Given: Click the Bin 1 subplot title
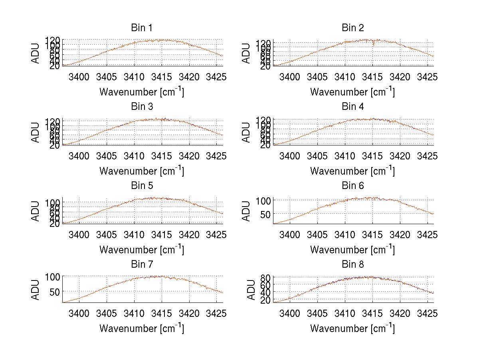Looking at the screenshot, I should coord(142,28).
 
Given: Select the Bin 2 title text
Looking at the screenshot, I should coord(353,28).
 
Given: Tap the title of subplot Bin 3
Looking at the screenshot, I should coord(142,107).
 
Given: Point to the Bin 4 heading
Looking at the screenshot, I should coord(353,107).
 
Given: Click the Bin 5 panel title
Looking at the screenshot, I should coord(142,186).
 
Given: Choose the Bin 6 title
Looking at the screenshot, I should coord(353,186).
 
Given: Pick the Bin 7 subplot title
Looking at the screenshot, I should coord(142,265).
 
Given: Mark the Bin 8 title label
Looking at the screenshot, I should coord(353,265).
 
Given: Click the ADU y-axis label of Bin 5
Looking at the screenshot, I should coord(36,211).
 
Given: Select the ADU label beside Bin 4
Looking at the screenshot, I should coord(247,132).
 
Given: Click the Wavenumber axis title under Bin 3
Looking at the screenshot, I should coord(142,171).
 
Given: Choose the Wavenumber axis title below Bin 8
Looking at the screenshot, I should coord(353,328).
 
